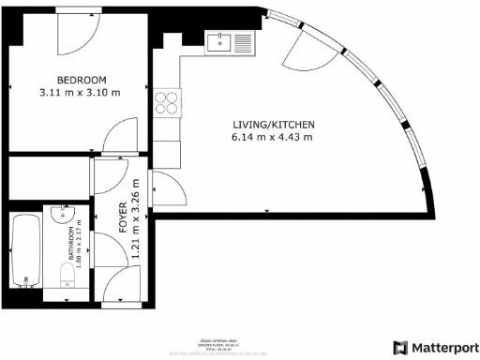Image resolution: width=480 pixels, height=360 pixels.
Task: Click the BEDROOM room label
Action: coord(82,80)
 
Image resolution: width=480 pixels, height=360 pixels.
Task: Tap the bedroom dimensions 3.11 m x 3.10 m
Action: coord(82,93)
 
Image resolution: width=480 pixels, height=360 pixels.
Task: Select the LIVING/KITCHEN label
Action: coord(274,125)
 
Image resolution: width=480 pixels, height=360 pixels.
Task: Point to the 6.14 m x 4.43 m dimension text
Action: coord(274,138)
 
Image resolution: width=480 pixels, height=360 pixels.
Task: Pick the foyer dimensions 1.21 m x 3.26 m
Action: coord(136,218)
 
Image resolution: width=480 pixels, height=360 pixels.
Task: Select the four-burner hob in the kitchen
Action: coord(167,101)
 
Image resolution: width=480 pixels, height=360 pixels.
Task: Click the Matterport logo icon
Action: coord(402,346)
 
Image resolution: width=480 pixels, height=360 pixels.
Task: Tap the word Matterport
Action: coord(445,346)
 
